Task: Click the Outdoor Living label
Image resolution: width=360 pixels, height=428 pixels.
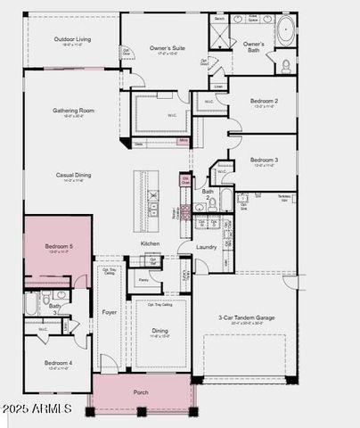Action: pos(72,39)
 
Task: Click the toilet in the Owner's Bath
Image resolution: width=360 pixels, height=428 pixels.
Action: pos(287,64)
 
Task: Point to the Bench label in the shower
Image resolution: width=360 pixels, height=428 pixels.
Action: pos(219,18)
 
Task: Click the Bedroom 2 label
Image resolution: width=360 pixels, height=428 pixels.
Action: pos(263,101)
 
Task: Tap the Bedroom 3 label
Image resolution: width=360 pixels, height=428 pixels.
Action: pos(263,160)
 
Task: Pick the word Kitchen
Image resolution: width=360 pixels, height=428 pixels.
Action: pos(150,243)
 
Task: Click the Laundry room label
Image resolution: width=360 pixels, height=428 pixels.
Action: pos(207,247)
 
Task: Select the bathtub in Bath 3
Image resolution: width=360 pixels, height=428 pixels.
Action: pos(31,305)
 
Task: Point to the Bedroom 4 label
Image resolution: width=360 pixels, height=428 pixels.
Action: pos(59,363)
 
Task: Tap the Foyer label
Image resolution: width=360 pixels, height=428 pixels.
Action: pos(110,313)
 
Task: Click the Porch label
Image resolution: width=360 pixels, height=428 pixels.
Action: pos(141,392)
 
